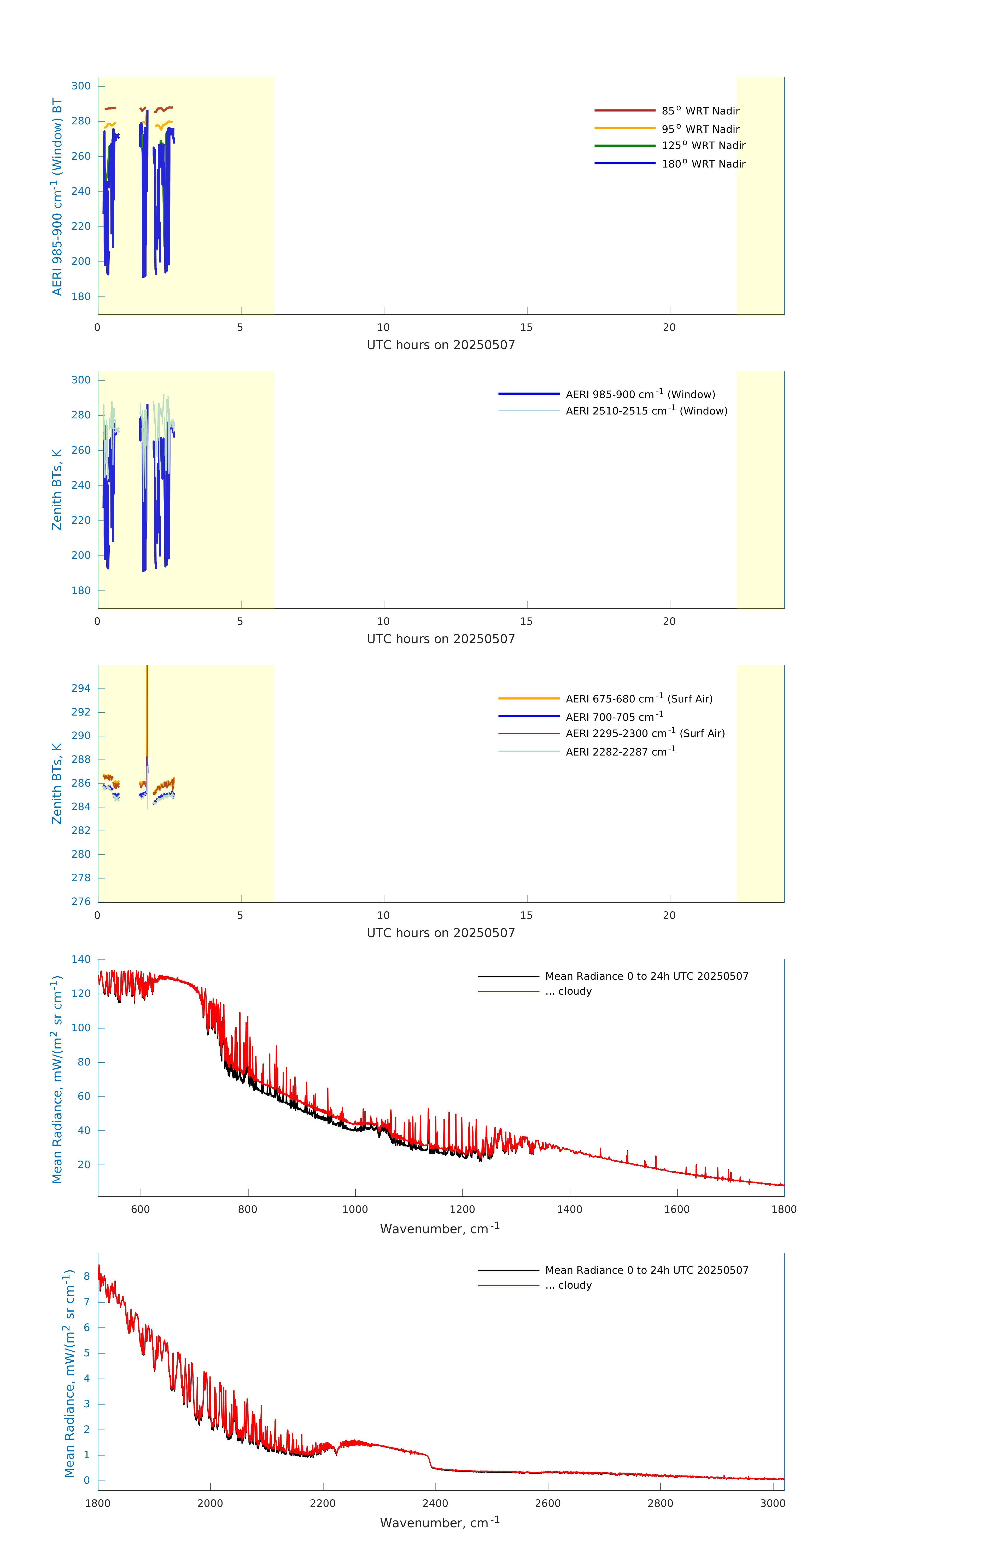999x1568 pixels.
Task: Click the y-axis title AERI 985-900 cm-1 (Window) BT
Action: pyautogui.click(x=57, y=197)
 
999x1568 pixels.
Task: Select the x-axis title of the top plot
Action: pyautogui.click(x=441, y=345)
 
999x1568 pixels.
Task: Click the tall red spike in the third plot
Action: pyautogui.click(x=147, y=703)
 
